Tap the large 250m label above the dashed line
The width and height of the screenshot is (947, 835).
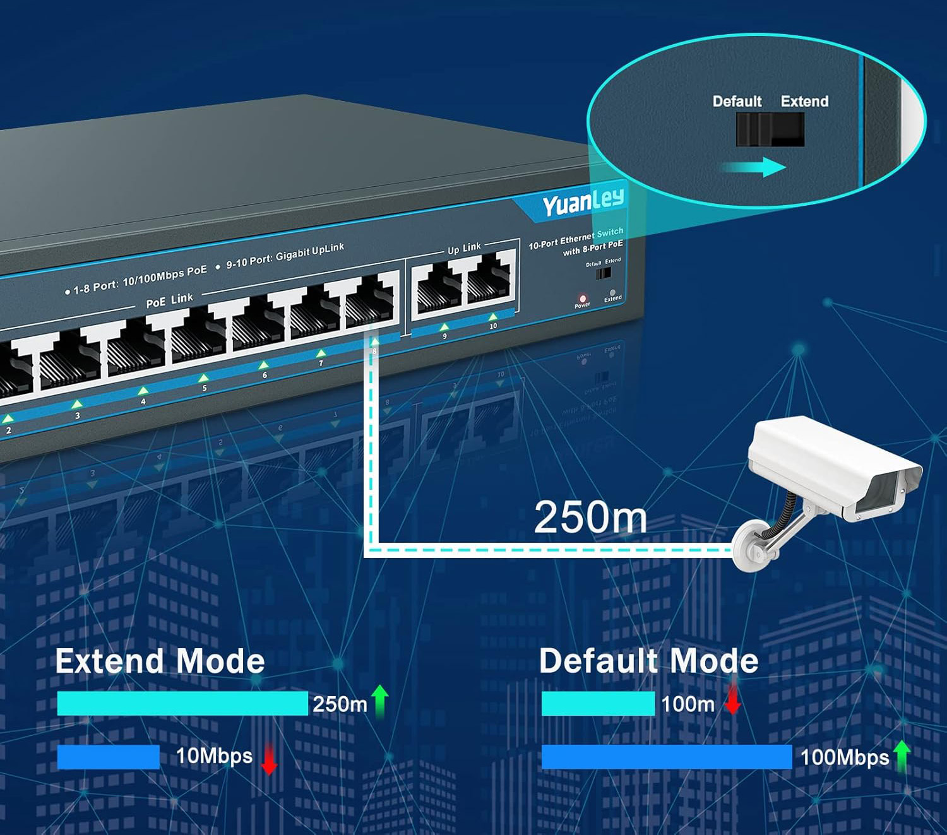(x=590, y=518)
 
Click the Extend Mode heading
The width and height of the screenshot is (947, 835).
(x=160, y=661)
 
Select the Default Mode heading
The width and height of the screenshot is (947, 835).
(x=648, y=661)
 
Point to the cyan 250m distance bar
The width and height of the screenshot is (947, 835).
(x=182, y=703)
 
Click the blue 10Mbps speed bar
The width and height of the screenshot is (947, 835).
(x=108, y=757)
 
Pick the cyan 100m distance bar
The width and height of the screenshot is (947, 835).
(x=597, y=703)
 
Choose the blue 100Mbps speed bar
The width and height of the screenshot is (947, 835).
(x=666, y=757)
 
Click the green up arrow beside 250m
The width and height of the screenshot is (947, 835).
(x=380, y=701)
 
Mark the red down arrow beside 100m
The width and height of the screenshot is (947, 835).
(x=732, y=700)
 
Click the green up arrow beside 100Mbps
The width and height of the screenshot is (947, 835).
(x=902, y=755)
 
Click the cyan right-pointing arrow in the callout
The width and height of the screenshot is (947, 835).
(x=754, y=167)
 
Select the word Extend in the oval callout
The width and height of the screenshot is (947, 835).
(x=804, y=102)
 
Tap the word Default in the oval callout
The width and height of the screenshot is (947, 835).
(x=737, y=102)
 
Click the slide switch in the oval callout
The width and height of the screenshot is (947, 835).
(x=770, y=129)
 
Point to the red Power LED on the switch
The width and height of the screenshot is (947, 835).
(x=583, y=299)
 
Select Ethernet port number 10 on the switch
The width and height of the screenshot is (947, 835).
(x=489, y=279)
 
